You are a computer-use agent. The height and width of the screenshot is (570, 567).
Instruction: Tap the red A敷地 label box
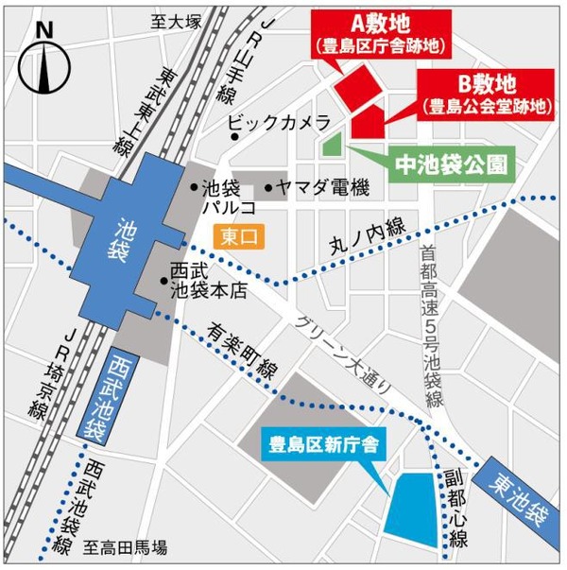(x=384, y=32)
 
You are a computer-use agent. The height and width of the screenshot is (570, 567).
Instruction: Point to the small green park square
(x=333, y=146)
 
